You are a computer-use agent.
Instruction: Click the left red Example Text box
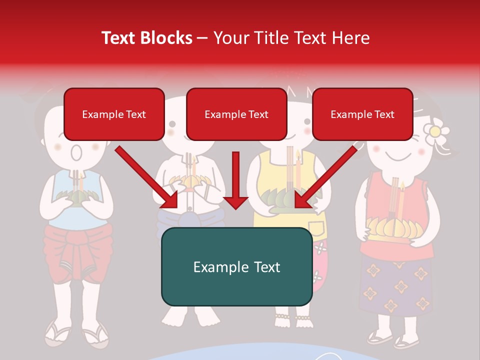[x=114, y=114]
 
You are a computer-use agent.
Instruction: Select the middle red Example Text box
[x=236, y=114]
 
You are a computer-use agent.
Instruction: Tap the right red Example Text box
[x=362, y=114]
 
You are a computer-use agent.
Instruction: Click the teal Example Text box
[x=236, y=266]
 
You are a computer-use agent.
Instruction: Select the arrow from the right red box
[x=325, y=177]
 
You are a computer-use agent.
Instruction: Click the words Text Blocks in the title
[x=146, y=38]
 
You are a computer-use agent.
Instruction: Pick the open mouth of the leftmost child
[x=76, y=152]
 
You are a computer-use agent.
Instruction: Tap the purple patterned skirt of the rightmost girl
[x=395, y=285]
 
